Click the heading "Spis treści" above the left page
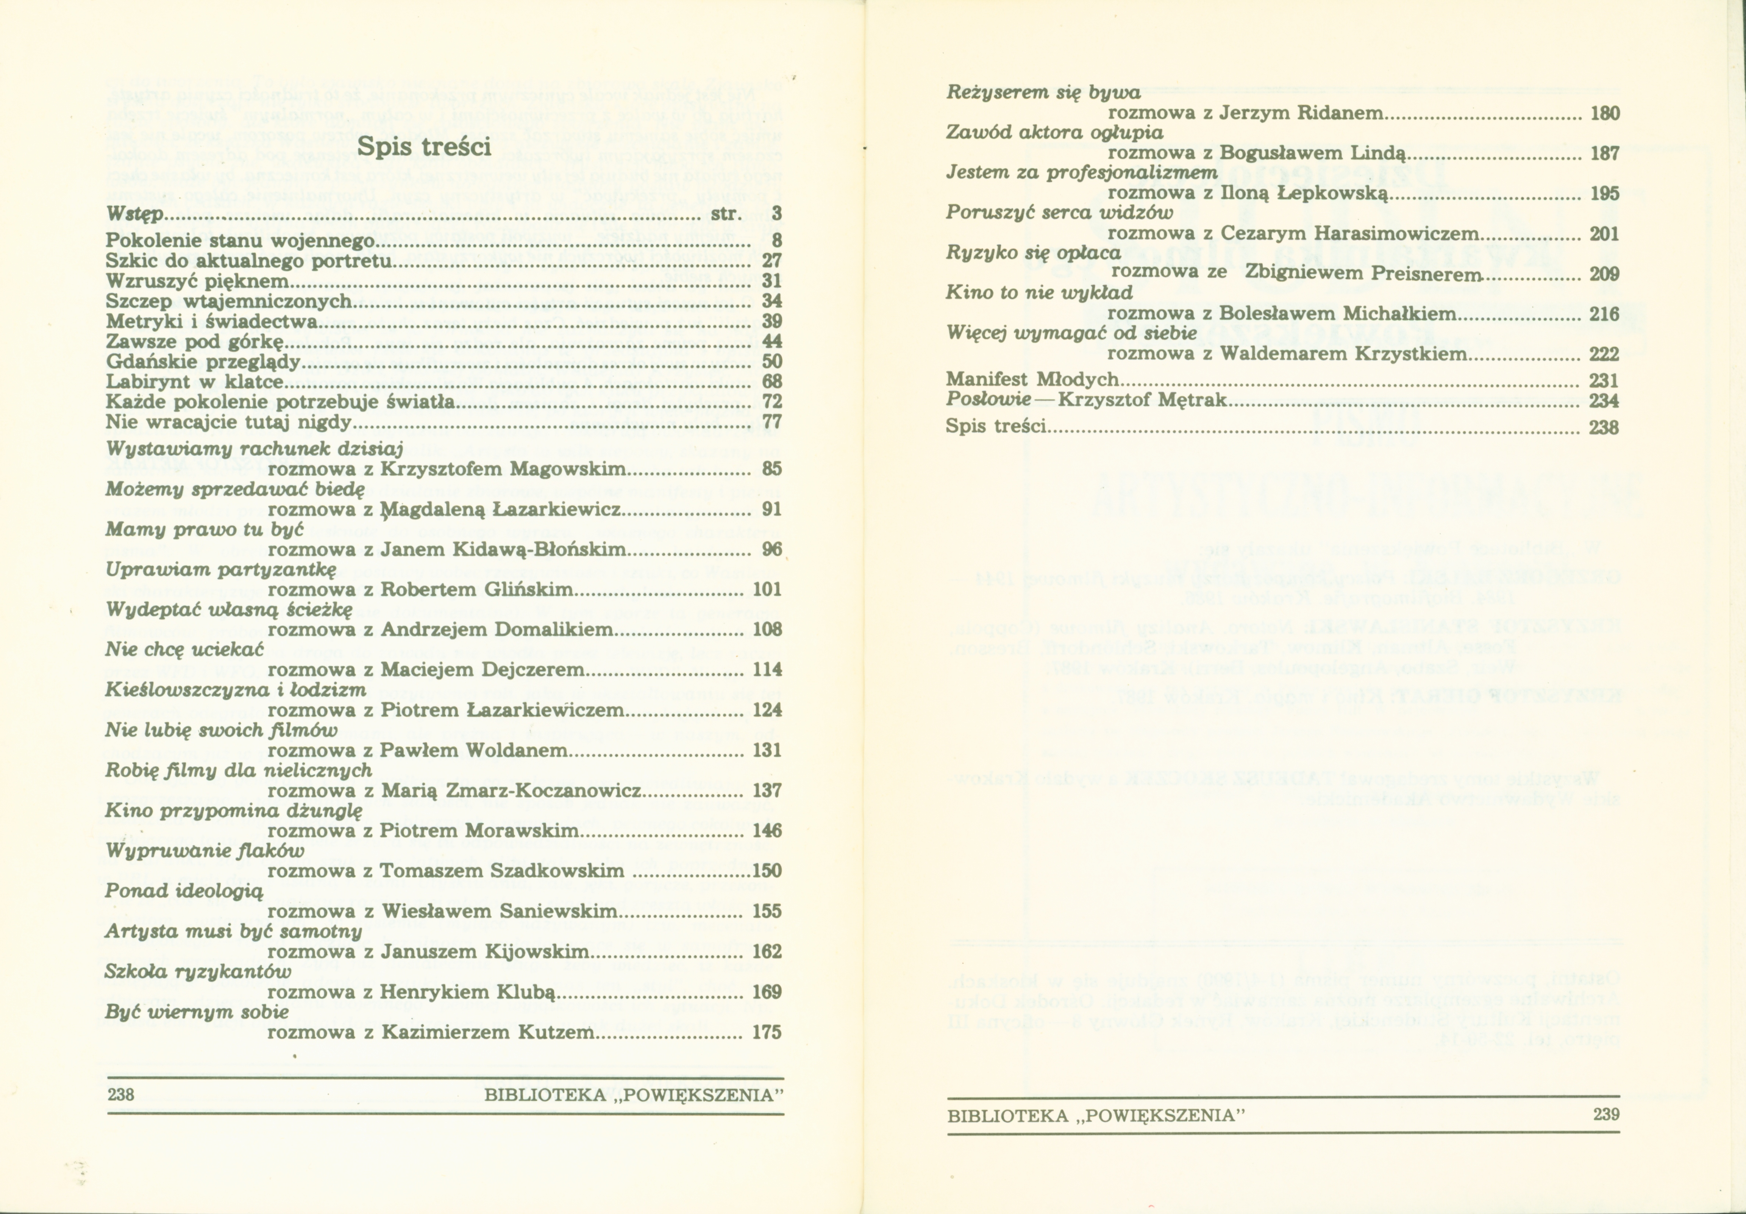(424, 146)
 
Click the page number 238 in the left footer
(121, 1095)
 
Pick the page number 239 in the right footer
(1606, 1114)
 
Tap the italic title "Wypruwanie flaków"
(205, 850)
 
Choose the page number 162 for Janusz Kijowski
(767, 952)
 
